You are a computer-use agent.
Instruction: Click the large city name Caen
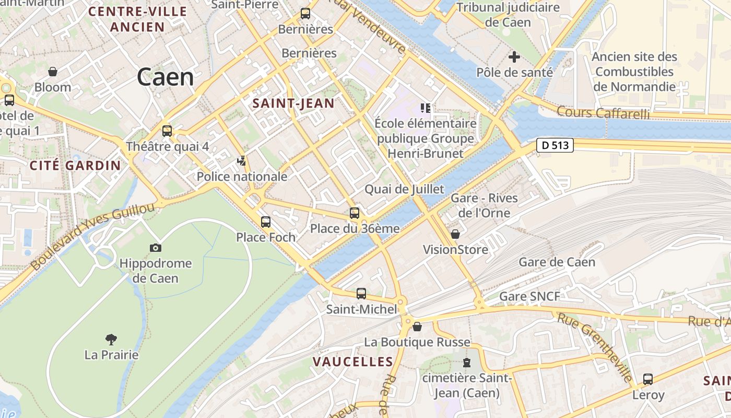[166, 77]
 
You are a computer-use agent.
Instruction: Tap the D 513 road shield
[555, 145]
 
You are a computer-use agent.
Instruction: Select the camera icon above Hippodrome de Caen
[155, 248]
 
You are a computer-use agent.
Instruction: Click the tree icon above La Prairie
[111, 340]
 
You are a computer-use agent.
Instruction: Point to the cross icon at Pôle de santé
[514, 57]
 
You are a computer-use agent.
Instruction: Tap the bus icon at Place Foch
[266, 222]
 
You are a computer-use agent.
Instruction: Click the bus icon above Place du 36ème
[355, 213]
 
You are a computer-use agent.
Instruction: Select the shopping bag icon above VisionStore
[455, 234]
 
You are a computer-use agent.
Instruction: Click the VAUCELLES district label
[353, 362]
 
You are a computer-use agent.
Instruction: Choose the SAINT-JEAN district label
[293, 103]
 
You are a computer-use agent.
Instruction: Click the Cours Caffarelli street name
[603, 112]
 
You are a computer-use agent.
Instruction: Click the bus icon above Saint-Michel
[361, 294]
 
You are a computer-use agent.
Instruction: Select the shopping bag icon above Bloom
[53, 72]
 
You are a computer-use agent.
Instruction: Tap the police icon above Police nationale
[241, 161]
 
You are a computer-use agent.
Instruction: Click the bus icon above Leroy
[648, 379]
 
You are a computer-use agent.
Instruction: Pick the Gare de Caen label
[557, 262]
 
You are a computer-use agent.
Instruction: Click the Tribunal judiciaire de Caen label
[508, 15]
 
